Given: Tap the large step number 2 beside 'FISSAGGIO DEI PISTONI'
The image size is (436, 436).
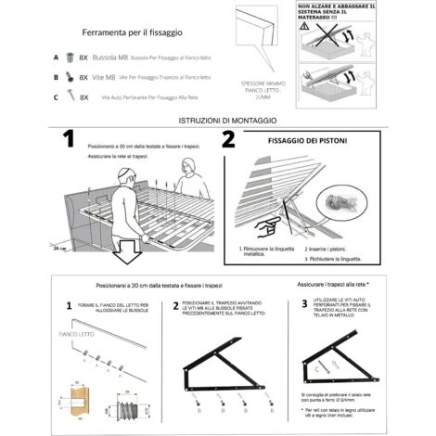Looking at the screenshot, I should (x=228, y=140).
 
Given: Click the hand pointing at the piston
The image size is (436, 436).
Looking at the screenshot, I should (x=268, y=225).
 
